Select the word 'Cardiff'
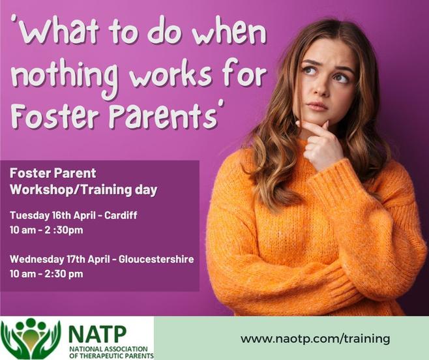(121, 215)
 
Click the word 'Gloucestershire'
(156, 259)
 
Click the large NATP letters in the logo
(97, 334)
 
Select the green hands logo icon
(31, 338)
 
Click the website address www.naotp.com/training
(315, 339)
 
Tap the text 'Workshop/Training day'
(83, 190)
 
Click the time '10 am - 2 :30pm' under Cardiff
(46, 230)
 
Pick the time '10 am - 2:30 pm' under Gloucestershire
(46, 274)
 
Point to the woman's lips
(318, 106)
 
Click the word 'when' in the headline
(229, 31)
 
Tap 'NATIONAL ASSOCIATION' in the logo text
(108, 350)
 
